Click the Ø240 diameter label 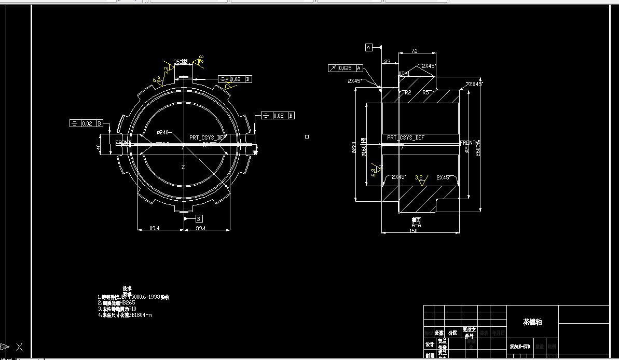[x=163, y=132]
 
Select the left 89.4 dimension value [x=154, y=228]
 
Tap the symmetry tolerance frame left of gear [x=86, y=123]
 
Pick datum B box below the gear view [x=199, y=219]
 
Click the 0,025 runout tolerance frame [x=345, y=68]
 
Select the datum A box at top [x=369, y=47]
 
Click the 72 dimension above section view [x=414, y=51]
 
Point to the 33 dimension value [x=387, y=62]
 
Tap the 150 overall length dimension [x=413, y=231]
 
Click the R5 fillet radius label [x=426, y=92]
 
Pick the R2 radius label [x=408, y=92]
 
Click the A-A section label [x=416, y=226]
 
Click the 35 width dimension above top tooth [x=177, y=61]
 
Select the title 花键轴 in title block [x=532, y=322]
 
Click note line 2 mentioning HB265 [x=117, y=303]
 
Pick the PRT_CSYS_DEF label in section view [x=405, y=137]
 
